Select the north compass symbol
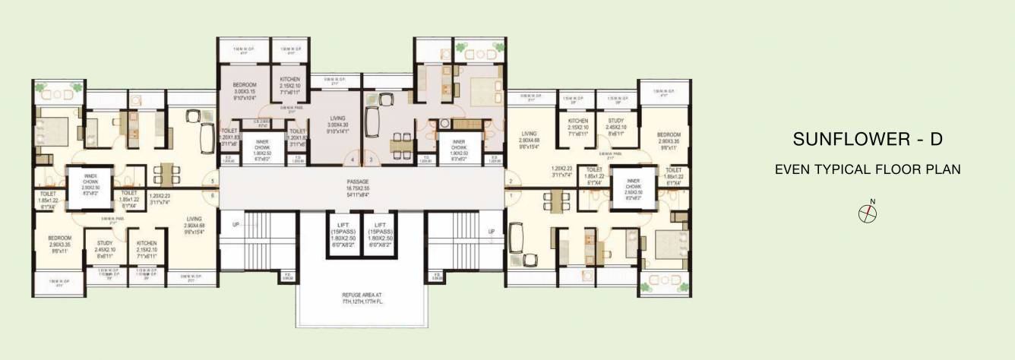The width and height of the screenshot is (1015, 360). pos(868,213)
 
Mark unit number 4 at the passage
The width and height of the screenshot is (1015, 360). pos(353,159)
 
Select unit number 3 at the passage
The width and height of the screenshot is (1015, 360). pos(371,159)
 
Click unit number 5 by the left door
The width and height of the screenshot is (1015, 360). pos(213,182)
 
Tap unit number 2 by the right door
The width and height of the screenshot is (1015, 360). pos(511,182)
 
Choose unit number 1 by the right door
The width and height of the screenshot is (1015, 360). pos(511,196)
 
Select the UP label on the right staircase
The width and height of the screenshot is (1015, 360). pos(491,232)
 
